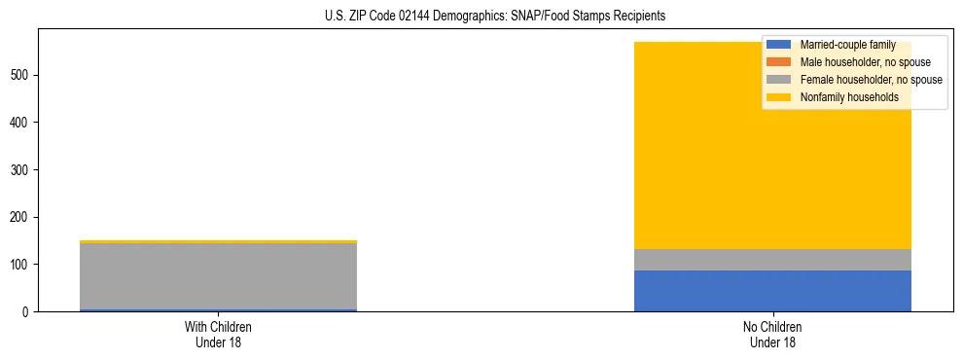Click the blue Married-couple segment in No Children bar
pos(772,291)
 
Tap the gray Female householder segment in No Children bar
pos(772,260)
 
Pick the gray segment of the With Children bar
pos(218,276)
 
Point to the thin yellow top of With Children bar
pos(218,241)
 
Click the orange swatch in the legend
pos(779,62)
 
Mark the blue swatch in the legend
pos(779,45)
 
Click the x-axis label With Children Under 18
pos(218,335)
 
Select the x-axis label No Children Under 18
pos(772,335)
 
